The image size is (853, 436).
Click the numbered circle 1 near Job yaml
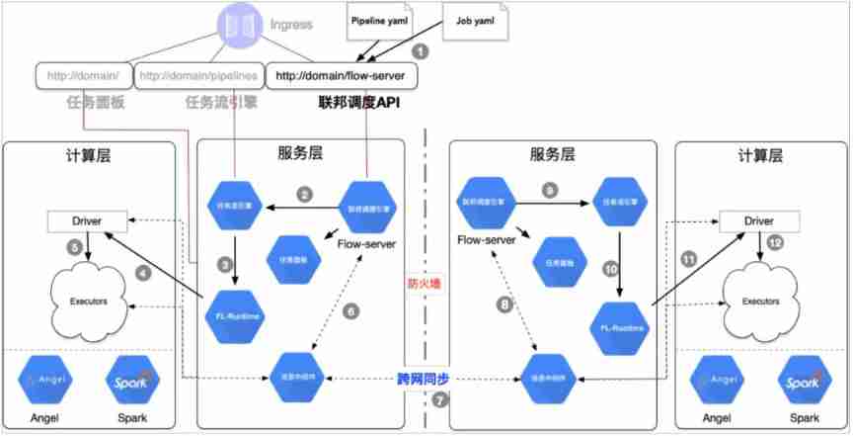click(x=422, y=49)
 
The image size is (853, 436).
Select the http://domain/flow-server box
click(x=341, y=74)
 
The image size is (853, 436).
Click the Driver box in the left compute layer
click(x=90, y=219)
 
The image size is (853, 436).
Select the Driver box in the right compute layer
click(x=758, y=219)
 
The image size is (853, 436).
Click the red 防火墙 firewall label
click(x=426, y=284)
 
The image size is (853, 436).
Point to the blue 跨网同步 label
click(x=424, y=378)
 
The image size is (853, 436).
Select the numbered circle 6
click(x=351, y=310)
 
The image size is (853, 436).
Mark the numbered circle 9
click(x=550, y=189)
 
